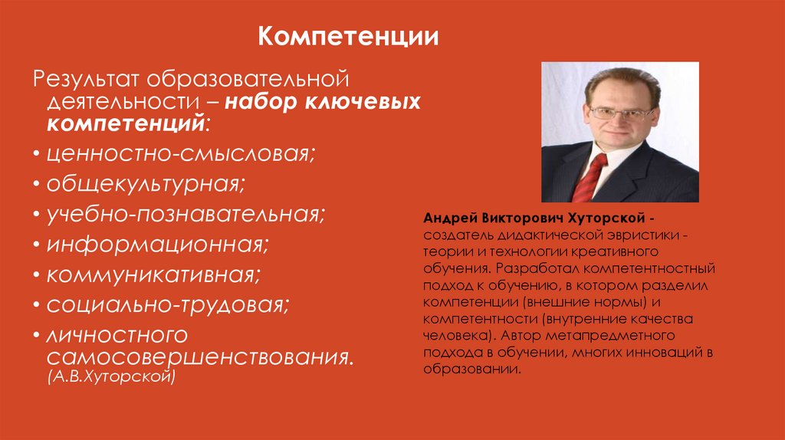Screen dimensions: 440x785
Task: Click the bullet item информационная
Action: (x=156, y=245)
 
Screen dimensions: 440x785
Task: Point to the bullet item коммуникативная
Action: (x=153, y=274)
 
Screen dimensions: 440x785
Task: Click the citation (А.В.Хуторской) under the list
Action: (x=112, y=377)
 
